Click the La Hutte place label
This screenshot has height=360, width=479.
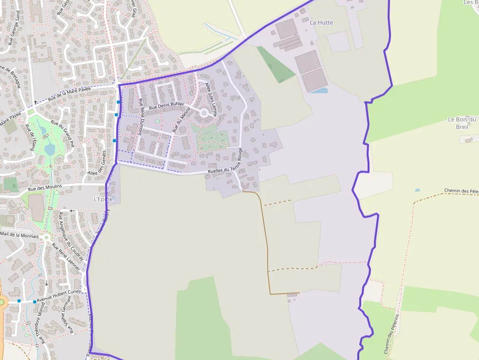pyautogui.click(x=322, y=22)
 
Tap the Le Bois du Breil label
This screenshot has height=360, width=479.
pyautogui.click(x=462, y=123)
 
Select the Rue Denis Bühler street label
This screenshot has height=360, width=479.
pyautogui.click(x=166, y=106)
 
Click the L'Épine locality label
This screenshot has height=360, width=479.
pyautogui.click(x=103, y=199)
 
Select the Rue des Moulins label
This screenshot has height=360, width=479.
pyautogui.click(x=45, y=188)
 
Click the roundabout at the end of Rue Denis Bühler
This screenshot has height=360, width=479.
pyautogui.click(x=203, y=113)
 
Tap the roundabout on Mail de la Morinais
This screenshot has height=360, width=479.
pyautogui.click(x=46, y=238)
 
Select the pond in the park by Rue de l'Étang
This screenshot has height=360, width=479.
pyautogui.click(x=50, y=148)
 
